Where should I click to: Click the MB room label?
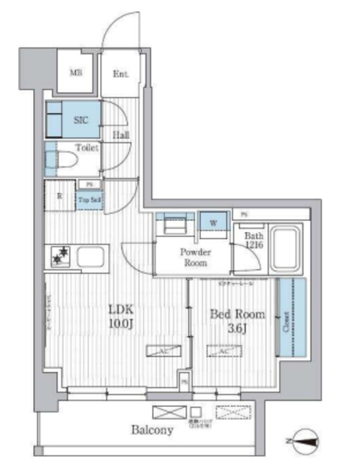point(75,73)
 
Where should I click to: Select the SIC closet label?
point(81,120)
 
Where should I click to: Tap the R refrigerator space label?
point(60,195)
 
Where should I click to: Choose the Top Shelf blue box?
point(89,200)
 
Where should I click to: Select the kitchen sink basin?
point(91,256)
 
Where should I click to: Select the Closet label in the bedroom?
point(294,315)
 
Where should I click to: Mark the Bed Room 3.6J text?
point(236,321)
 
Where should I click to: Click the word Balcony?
point(152,430)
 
